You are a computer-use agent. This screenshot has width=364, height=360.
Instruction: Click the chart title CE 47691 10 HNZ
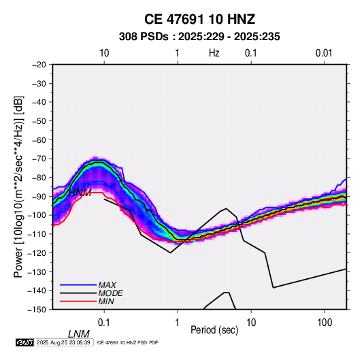point(199,19)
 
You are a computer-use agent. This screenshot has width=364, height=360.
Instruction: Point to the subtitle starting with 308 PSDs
point(199,37)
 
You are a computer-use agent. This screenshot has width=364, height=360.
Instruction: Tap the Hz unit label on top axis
point(214,53)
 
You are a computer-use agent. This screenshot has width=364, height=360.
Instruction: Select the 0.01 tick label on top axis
point(324,53)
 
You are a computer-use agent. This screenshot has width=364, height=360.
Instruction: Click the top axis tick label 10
point(104,53)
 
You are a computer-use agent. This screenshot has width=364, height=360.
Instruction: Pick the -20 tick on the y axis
point(39,65)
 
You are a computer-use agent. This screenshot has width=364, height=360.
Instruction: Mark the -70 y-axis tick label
point(39,159)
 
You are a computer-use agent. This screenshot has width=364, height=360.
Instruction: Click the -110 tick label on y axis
point(37,234)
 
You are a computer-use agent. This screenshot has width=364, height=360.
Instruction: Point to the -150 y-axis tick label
point(37,310)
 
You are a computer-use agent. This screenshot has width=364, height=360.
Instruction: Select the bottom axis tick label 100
point(325,323)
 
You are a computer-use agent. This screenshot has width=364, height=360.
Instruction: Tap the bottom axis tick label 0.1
point(104,323)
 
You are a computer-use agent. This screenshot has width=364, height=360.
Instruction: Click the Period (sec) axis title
point(214,330)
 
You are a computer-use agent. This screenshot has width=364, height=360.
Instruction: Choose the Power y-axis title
point(18,187)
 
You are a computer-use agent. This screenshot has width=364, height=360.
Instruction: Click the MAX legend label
point(107,285)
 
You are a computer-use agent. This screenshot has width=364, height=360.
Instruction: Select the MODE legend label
point(110,293)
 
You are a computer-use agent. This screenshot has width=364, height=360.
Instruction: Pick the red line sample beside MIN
point(78,301)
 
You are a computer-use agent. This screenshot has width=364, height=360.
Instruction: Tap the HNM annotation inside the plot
point(80,193)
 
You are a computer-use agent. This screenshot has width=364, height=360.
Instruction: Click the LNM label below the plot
point(79,334)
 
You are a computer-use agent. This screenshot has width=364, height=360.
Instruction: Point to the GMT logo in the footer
point(24,342)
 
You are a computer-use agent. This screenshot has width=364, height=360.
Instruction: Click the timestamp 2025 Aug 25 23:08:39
point(63,342)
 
